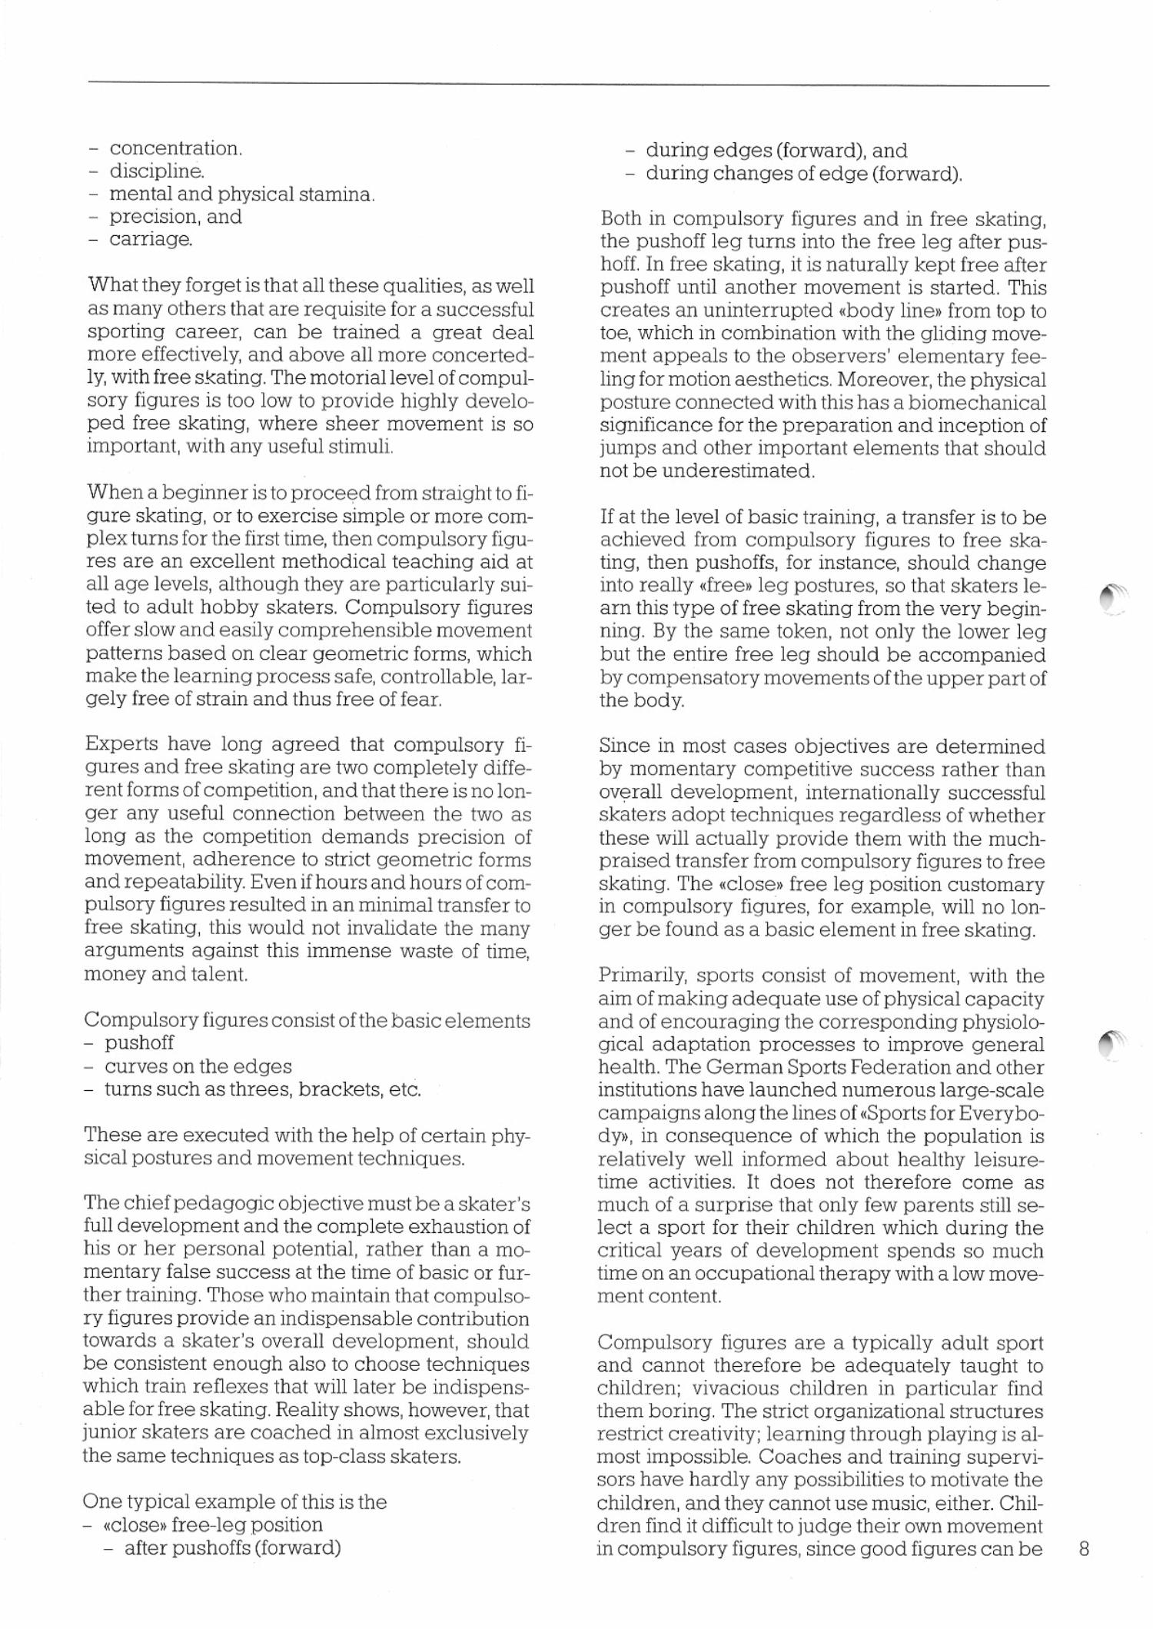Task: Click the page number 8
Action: (1085, 1549)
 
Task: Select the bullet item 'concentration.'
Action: (175, 148)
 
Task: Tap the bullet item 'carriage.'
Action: (151, 240)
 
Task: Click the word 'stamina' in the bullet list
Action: (335, 194)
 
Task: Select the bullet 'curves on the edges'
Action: (198, 1066)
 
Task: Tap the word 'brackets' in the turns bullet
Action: (337, 1089)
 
